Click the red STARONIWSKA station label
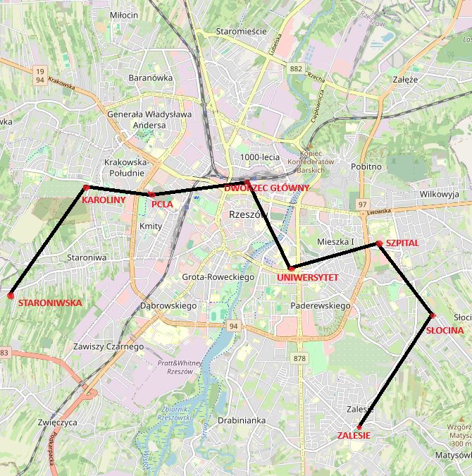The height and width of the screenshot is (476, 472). coord(50,303)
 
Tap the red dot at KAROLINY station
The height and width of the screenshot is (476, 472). coord(86,188)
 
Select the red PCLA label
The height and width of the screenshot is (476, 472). coord(162,205)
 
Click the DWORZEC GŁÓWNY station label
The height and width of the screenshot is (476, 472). coord(267,188)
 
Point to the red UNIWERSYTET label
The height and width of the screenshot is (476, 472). coord(308,278)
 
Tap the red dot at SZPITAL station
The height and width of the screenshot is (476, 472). coord(379,243)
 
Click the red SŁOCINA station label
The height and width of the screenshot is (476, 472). coord(445,330)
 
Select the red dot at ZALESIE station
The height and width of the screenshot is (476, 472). coord(359,427)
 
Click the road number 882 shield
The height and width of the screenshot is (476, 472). coord(296,68)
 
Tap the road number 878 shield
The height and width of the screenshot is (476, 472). coord(300,359)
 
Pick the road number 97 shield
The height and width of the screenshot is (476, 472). coord(363,205)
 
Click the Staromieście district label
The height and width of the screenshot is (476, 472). coord(241,32)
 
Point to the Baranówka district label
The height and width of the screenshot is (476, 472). coord(151,78)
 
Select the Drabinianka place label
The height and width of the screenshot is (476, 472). coord(242,420)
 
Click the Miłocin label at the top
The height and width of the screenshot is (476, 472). coord(125,14)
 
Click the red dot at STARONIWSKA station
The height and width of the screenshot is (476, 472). coord(11,295)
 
